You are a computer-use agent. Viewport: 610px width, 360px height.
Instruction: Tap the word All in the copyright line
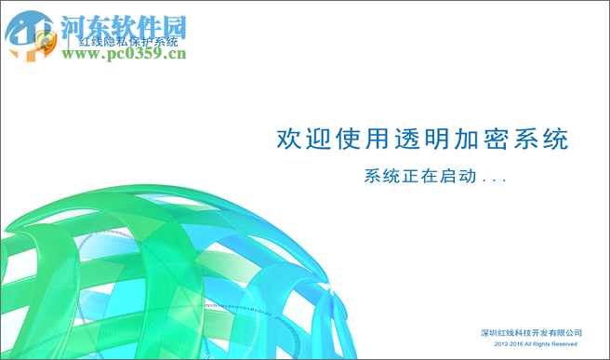point(522,344)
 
